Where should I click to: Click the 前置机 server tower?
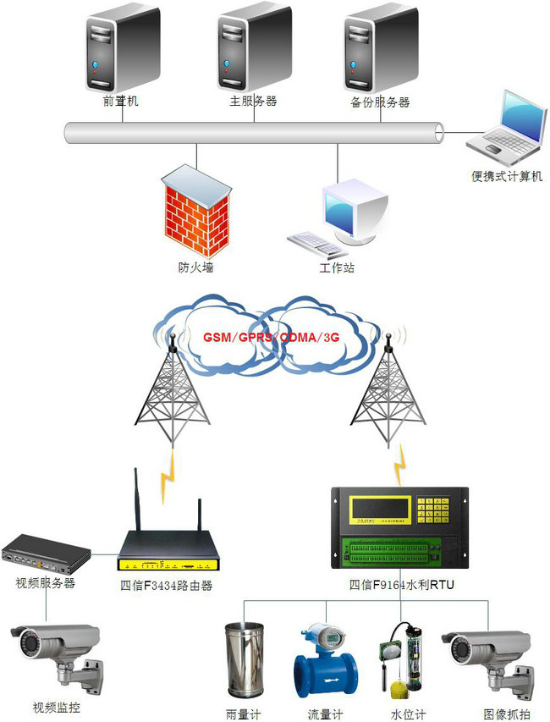121,49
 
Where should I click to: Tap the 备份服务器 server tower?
380,49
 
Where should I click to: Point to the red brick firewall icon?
196,212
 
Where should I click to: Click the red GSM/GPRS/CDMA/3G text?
272,337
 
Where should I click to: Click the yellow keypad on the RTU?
442,510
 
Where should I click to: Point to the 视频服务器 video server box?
46,554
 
